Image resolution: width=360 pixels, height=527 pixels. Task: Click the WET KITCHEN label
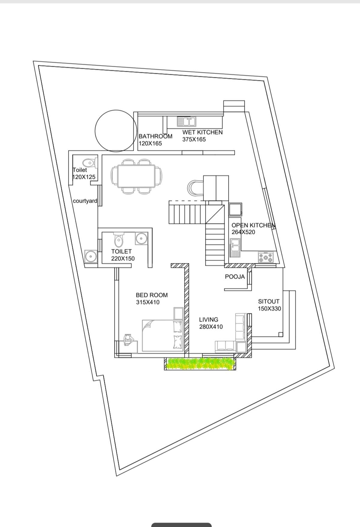coord(202,132)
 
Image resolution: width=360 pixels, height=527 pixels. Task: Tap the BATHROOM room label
coord(155,136)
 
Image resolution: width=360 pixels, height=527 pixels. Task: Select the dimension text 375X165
coord(194,139)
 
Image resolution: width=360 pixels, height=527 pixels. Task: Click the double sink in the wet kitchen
coord(186,121)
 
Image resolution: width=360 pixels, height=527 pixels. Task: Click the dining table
coord(136,176)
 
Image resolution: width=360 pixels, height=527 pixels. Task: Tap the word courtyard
coord(85,201)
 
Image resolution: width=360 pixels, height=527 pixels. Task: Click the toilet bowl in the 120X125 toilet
coord(89,163)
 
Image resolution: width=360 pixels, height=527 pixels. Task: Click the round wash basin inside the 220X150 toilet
coord(141,239)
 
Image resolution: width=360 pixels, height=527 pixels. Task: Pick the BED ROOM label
coord(152,295)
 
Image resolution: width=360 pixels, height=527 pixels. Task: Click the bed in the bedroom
coord(163,335)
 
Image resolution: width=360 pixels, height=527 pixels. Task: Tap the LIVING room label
coord(209,320)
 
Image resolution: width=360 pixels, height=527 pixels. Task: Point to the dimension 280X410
coord(211,327)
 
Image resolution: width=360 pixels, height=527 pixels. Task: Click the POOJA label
coord(235,277)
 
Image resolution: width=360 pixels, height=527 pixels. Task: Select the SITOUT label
coord(269,301)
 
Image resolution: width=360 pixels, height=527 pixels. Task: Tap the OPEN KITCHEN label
coord(253,225)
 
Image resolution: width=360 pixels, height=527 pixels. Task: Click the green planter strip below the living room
coord(200,364)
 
